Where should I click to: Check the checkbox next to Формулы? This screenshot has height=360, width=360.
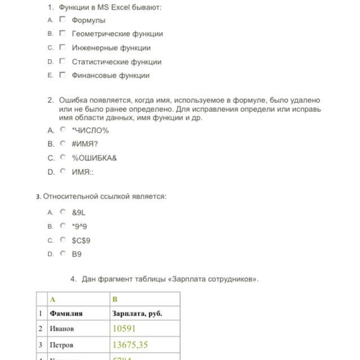[62, 20]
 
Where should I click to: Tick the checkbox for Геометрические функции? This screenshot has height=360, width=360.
[62, 34]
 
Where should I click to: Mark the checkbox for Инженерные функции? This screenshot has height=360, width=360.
[62, 47]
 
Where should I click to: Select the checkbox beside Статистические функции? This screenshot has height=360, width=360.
[62, 61]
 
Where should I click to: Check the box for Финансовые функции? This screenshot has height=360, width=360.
[62, 75]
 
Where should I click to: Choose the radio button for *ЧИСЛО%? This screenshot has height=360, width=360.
[63, 130]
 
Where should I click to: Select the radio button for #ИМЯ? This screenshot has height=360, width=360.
[63, 143]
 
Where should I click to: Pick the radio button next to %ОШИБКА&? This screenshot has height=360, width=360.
[63, 157]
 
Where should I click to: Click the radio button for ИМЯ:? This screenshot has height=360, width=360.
[63, 172]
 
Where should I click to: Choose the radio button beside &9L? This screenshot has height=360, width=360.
[63, 212]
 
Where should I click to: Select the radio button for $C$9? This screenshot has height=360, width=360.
[63, 240]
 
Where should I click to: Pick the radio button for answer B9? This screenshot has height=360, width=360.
[63, 254]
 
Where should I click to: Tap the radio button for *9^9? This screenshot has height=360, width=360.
[63, 226]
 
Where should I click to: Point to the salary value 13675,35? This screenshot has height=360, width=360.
[130, 344]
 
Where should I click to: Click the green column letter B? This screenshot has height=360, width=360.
[115, 299]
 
